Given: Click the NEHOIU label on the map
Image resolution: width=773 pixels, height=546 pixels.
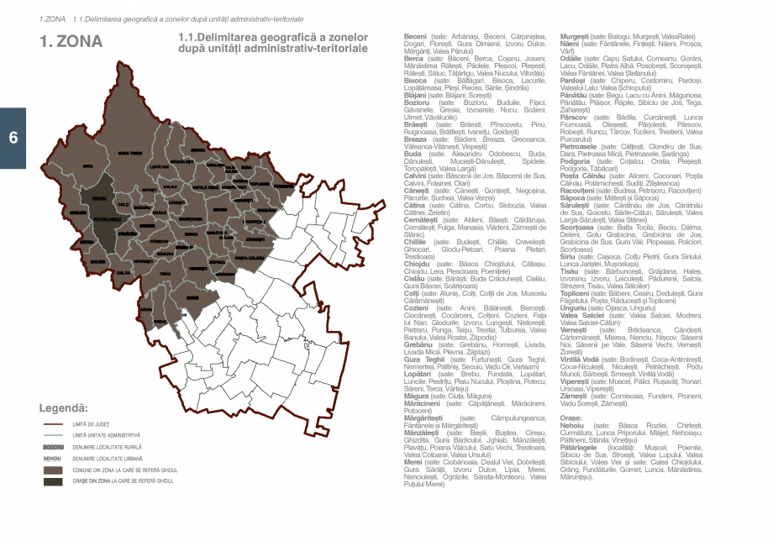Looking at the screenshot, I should tap(99, 198).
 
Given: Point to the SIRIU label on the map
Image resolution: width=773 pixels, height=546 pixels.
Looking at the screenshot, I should tap(88, 167).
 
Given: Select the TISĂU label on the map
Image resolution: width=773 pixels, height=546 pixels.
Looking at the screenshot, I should tap(165, 274).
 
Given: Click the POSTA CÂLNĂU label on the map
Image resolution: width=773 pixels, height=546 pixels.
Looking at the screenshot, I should tap(250, 258).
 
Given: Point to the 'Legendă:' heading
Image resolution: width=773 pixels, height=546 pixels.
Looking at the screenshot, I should tap(64, 408).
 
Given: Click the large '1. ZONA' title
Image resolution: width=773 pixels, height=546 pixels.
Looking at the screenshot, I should tap(71, 41).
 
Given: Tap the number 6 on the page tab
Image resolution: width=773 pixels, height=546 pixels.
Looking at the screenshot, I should tap(13, 139).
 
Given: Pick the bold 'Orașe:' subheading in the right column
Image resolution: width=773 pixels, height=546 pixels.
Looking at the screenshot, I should tap(571, 417).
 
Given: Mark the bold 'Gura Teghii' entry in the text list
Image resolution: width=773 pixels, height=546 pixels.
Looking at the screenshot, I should tap(423, 359).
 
